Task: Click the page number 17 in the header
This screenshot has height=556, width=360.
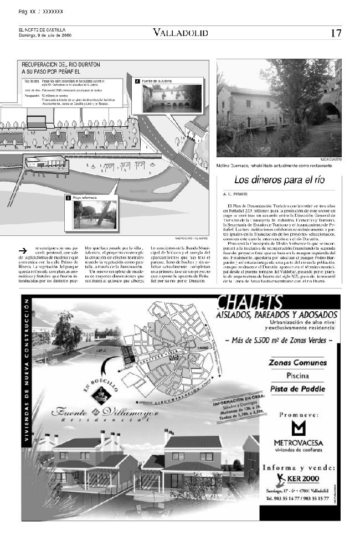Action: pos(336,33)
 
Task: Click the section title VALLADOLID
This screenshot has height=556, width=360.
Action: pos(181,33)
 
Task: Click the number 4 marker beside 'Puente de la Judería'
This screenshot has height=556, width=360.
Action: pos(137,81)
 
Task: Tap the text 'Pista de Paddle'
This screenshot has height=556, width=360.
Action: pos(297,389)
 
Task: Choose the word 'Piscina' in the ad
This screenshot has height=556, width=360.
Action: pos(297,376)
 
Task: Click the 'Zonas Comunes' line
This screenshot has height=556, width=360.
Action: pos(297,363)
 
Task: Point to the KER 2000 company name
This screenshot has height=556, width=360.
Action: pos(304,477)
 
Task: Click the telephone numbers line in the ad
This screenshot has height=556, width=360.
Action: pos(297,498)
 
